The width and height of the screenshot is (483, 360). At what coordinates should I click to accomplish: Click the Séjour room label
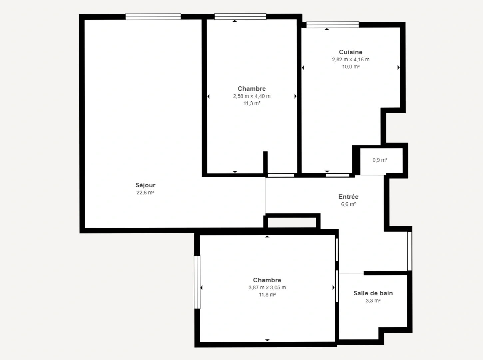click(x=145, y=185)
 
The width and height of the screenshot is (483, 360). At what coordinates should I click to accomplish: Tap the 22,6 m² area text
click(x=145, y=193)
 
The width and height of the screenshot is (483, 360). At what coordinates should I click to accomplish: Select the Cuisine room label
click(x=350, y=52)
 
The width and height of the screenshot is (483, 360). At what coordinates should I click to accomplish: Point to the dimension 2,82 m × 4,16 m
click(x=350, y=60)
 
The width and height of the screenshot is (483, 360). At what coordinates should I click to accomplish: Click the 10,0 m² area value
click(x=350, y=67)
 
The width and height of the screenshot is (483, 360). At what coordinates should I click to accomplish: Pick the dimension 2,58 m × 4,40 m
click(x=251, y=96)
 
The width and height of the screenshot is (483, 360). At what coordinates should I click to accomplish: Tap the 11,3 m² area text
click(x=251, y=103)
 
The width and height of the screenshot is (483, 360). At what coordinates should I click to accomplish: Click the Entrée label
click(x=348, y=197)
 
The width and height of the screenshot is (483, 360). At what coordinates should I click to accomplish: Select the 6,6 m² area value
click(x=348, y=204)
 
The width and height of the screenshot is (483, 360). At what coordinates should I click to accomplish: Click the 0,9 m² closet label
click(x=380, y=160)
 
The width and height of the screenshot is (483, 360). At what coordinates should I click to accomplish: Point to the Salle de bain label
click(x=373, y=293)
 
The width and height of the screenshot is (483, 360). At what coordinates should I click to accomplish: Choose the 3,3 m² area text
click(x=373, y=301)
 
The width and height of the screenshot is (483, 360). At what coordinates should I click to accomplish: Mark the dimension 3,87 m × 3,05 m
click(x=267, y=288)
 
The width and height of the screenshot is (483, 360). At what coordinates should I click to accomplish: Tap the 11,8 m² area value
click(x=267, y=295)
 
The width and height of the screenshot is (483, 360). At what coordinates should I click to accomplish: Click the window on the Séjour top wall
click(x=153, y=17)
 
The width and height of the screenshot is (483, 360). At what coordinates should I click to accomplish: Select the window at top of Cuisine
click(x=332, y=25)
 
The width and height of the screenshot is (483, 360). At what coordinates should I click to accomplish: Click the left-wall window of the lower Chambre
click(x=197, y=282)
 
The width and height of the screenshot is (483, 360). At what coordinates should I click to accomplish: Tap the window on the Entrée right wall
click(x=409, y=251)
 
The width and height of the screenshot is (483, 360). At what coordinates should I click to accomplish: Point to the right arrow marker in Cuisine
click(x=398, y=68)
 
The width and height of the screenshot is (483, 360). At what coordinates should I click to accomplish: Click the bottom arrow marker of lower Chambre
click(x=267, y=340)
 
